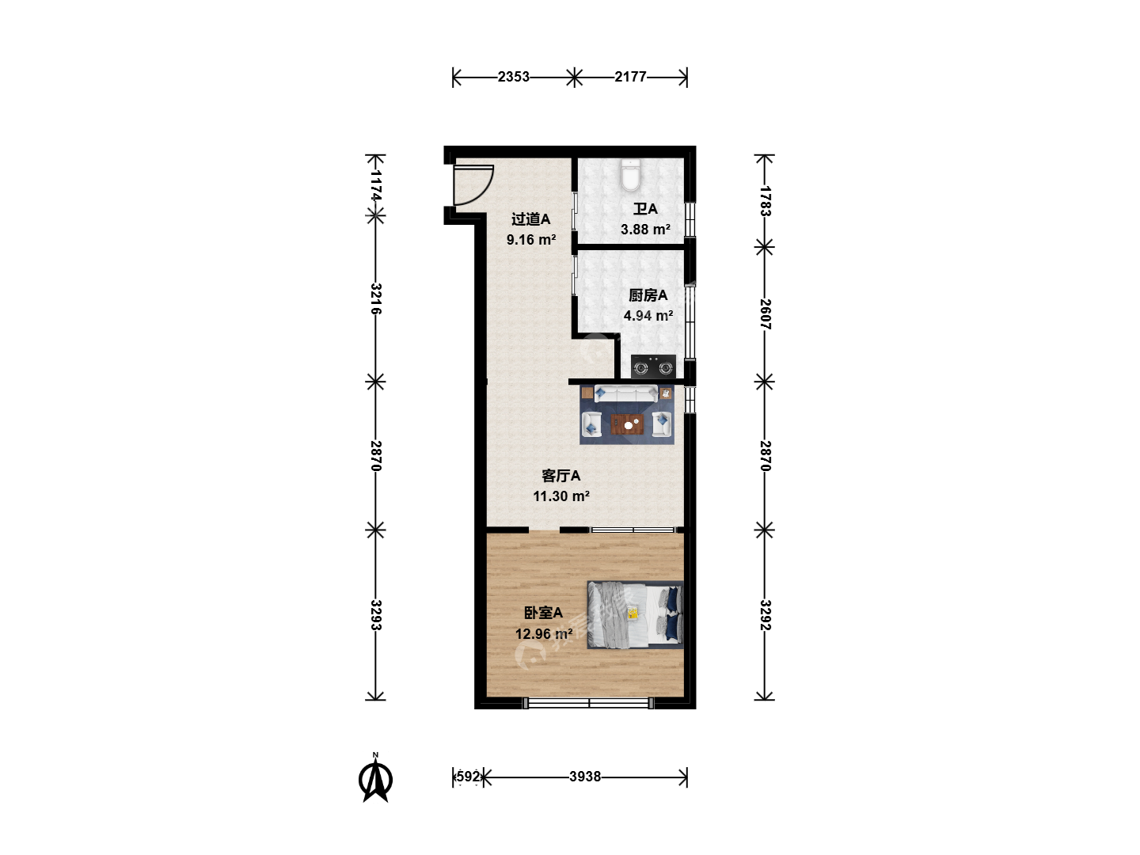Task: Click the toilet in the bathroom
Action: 630,175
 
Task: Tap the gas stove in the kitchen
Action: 653,366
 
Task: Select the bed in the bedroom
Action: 635,614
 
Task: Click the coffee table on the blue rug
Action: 628,424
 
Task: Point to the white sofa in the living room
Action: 626,394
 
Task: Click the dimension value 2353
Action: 513,77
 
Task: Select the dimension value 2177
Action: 630,77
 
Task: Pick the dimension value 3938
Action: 585,777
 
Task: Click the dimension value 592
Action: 468,777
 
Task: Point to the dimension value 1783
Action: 765,201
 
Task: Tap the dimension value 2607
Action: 765,314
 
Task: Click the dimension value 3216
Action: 375,298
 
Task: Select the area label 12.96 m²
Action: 544,634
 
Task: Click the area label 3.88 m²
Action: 645,229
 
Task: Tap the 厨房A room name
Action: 648,295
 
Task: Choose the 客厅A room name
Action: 561,476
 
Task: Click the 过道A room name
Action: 530,219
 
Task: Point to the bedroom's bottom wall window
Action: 588,704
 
